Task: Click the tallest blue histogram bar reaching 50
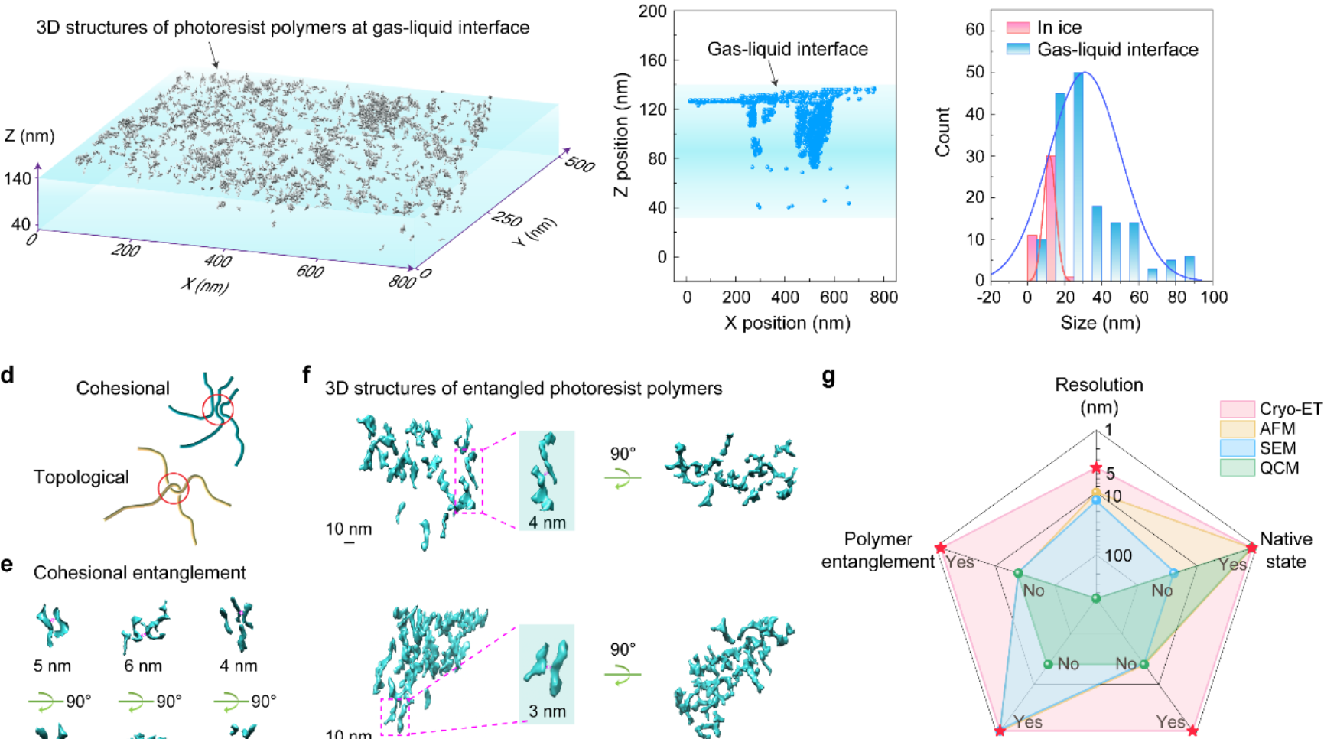(1078, 176)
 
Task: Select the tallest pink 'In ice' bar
(1050, 218)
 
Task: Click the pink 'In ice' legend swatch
(1018, 28)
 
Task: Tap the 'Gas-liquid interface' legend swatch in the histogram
(1018, 50)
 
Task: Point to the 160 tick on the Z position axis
(652, 60)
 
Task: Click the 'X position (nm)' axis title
(787, 323)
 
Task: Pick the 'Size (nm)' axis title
(1100, 323)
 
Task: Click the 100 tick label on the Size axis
(1213, 297)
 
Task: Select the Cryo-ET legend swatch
(1237, 409)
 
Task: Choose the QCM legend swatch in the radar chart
(1237, 467)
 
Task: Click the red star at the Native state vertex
(1251, 548)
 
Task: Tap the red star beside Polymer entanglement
(941, 548)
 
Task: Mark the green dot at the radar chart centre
(1096, 598)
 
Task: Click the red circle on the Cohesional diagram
(217, 409)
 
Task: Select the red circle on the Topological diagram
(173, 488)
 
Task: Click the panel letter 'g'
(828, 377)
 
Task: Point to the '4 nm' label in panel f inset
(547, 523)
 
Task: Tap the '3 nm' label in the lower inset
(547, 711)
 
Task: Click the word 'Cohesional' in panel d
(122, 389)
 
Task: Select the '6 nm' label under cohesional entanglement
(143, 666)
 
